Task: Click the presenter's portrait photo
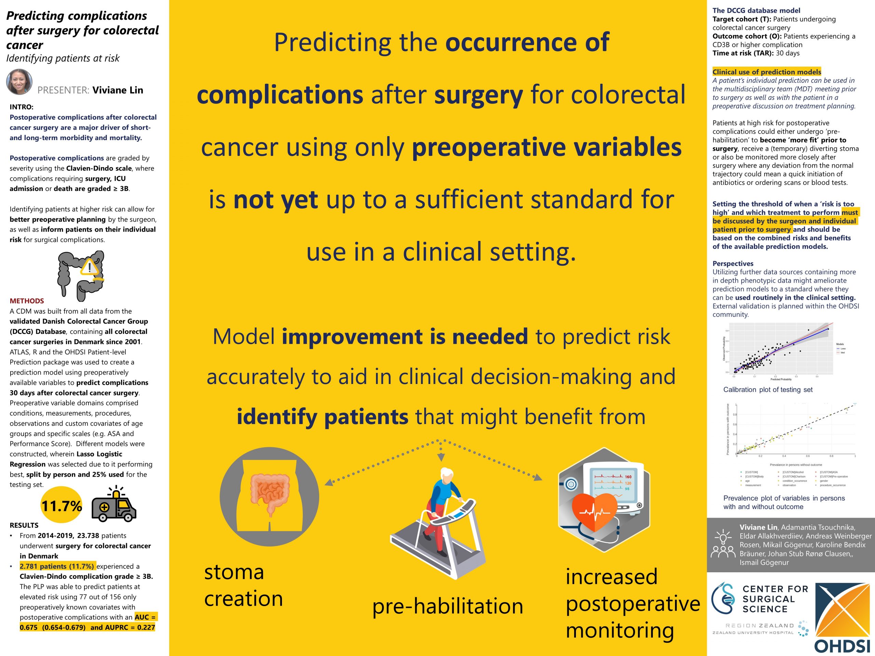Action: pos(19,82)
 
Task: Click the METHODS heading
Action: pos(27,301)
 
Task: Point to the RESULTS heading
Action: pos(24,525)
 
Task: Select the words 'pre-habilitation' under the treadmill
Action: pos(447,606)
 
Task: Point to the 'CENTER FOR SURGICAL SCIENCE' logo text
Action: pos(769,599)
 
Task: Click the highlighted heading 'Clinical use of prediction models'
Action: pos(767,72)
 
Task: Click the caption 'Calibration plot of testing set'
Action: pos(768,389)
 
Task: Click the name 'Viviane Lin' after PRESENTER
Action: pos(118,90)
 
